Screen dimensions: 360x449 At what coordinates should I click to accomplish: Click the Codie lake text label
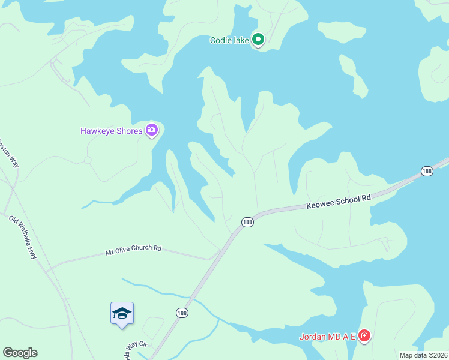click(229, 41)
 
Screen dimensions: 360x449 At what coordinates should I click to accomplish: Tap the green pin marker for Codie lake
click(258, 40)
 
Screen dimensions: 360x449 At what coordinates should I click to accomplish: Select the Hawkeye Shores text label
click(112, 131)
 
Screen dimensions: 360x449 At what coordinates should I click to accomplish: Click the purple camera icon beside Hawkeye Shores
click(151, 130)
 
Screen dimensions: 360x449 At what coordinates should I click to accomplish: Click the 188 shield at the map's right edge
click(427, 171)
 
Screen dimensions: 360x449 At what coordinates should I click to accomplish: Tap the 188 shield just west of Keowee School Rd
click(247, 222)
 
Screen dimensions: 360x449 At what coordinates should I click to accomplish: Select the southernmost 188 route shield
click(181, 313)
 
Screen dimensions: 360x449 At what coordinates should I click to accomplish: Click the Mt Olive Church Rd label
click(133, 248)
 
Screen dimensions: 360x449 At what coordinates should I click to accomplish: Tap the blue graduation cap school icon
click(122, 313)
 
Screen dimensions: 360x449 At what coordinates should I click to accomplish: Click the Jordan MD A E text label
click(328, 336)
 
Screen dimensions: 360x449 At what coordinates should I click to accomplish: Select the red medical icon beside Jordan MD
click(364, 336)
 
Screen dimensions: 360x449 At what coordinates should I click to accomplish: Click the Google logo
click(20, 353)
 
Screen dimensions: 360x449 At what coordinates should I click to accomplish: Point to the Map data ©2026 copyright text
click(423, 355)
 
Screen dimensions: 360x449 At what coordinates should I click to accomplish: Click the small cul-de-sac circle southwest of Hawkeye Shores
click(88, 160)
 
